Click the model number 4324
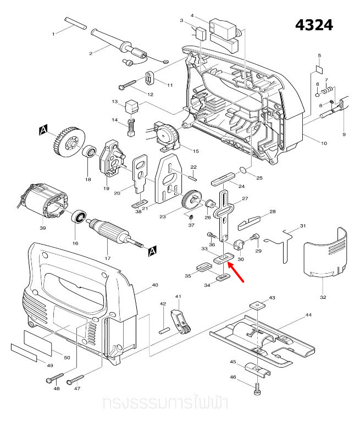point(314,25)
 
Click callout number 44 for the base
point(308,315)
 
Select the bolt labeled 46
point(257,387)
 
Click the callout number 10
point(324,143)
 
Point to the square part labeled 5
point(319,70)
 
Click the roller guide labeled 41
point(180,321)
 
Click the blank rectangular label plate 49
point(24,352)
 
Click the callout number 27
point(245,198)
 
